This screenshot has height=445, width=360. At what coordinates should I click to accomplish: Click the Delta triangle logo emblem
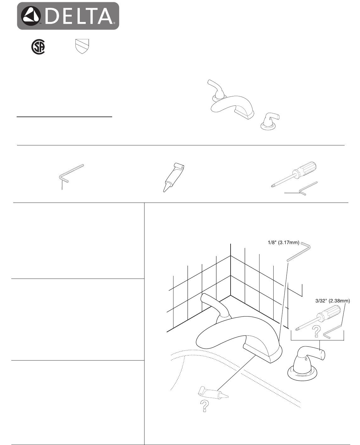[31, 16]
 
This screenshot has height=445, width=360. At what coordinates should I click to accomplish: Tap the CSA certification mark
[38, 47]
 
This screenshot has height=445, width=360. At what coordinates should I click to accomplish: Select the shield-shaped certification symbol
[82, 46]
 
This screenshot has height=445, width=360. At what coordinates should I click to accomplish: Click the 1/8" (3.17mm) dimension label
[284, 242]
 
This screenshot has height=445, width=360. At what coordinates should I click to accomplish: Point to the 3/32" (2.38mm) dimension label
[332, 301]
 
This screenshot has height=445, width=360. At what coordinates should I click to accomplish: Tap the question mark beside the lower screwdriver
[316, 331]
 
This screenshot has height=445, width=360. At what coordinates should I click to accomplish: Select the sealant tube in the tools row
[174, 177]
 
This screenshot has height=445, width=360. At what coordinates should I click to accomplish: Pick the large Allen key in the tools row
[71, 173]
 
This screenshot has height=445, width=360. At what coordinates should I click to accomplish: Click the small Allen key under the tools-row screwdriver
[308, 188]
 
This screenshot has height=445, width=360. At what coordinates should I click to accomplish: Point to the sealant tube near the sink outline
[213, 393]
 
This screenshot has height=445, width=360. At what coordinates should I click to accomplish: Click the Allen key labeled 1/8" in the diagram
[299, 252]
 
